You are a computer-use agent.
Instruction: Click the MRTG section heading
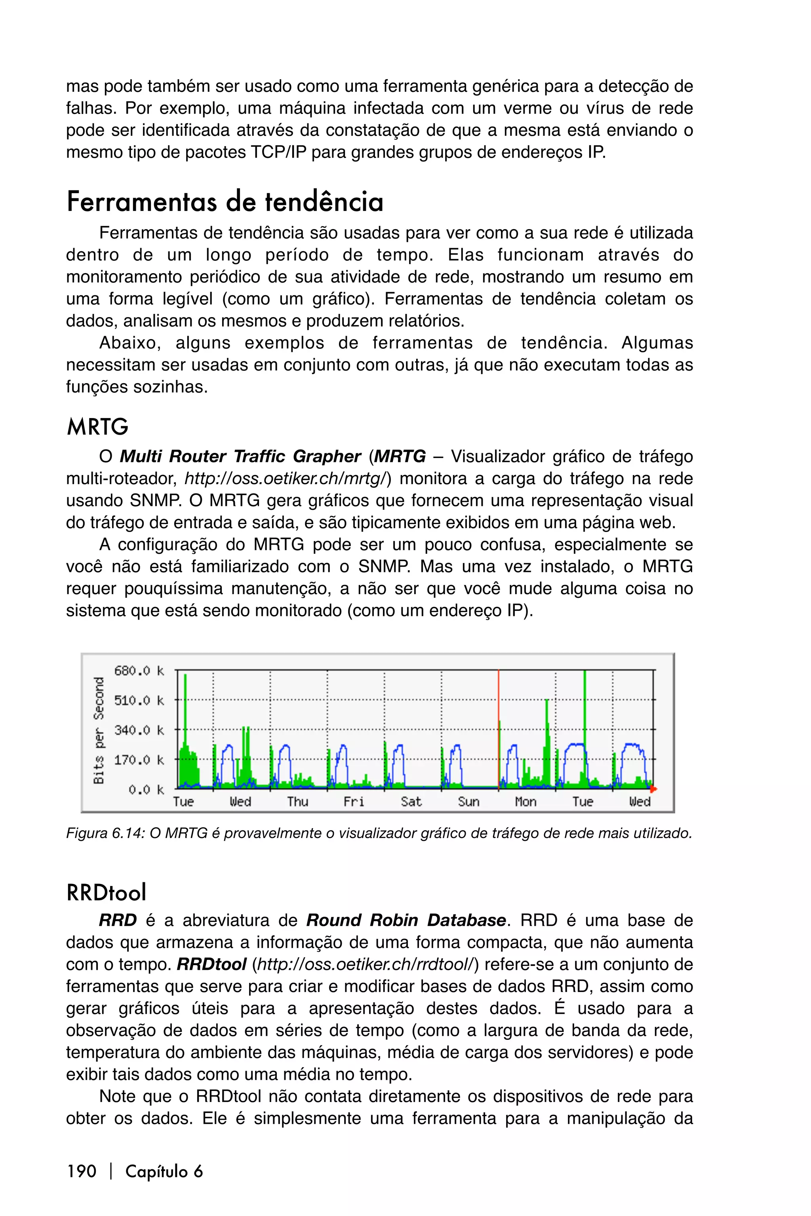tap(97, 427)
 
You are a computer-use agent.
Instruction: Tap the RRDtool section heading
tap(107, 893)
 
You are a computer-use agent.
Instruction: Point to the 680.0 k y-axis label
tap(139, 671)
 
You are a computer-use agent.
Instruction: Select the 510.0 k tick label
tap(139, 701)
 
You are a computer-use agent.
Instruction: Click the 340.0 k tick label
tap(139, 731)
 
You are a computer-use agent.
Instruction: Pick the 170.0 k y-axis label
tap(139, 760)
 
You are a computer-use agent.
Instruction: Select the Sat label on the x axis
tap(411, 802)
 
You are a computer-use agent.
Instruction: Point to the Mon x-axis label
tap(525, 802)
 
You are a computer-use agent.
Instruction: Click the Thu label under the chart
tap(297, 802)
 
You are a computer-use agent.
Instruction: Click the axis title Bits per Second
tap(99, 731)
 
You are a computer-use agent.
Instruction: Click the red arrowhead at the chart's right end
tap(653, 789)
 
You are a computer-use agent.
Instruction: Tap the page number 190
tap(82, 1171)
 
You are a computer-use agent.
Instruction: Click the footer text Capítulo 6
tap(164, 1171)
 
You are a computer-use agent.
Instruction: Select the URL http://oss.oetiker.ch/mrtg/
tap(286, 479)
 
